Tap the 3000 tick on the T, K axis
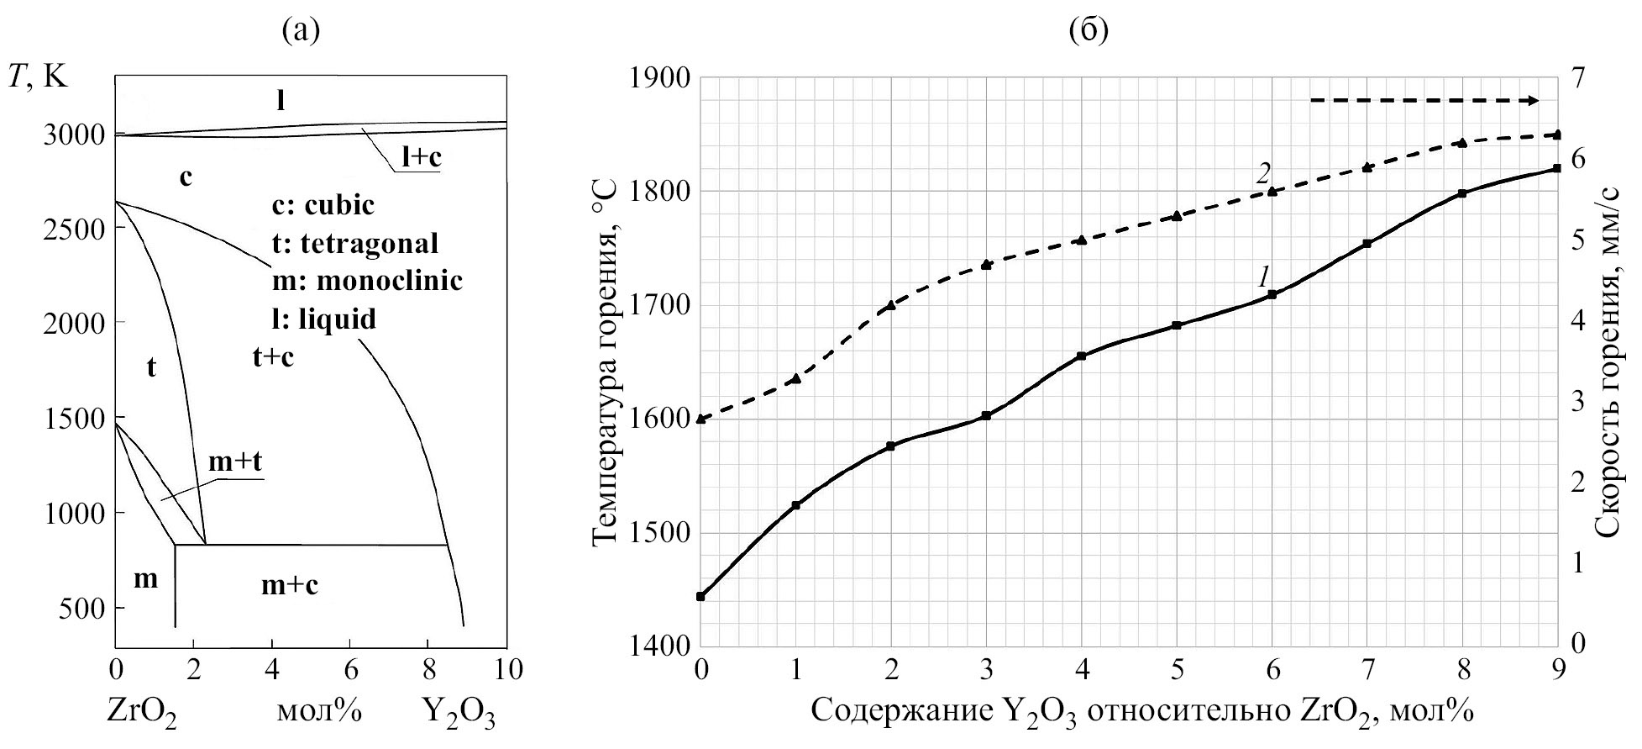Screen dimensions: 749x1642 [74, 135]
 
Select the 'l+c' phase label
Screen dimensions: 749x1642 [420, 157]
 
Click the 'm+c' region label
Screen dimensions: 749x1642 [290, 584]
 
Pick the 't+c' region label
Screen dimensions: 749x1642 [274, 356]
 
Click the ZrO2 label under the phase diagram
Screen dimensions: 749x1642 [141, 714]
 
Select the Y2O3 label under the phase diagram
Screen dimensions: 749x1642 [459, 714]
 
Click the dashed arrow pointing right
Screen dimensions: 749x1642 [1424, 101]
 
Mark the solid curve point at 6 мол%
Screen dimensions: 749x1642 [1272, 294]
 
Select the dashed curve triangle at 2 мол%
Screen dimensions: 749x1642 [891, 305]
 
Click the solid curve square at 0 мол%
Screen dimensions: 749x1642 [700, 596]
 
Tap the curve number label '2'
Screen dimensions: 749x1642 [1262, 173]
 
